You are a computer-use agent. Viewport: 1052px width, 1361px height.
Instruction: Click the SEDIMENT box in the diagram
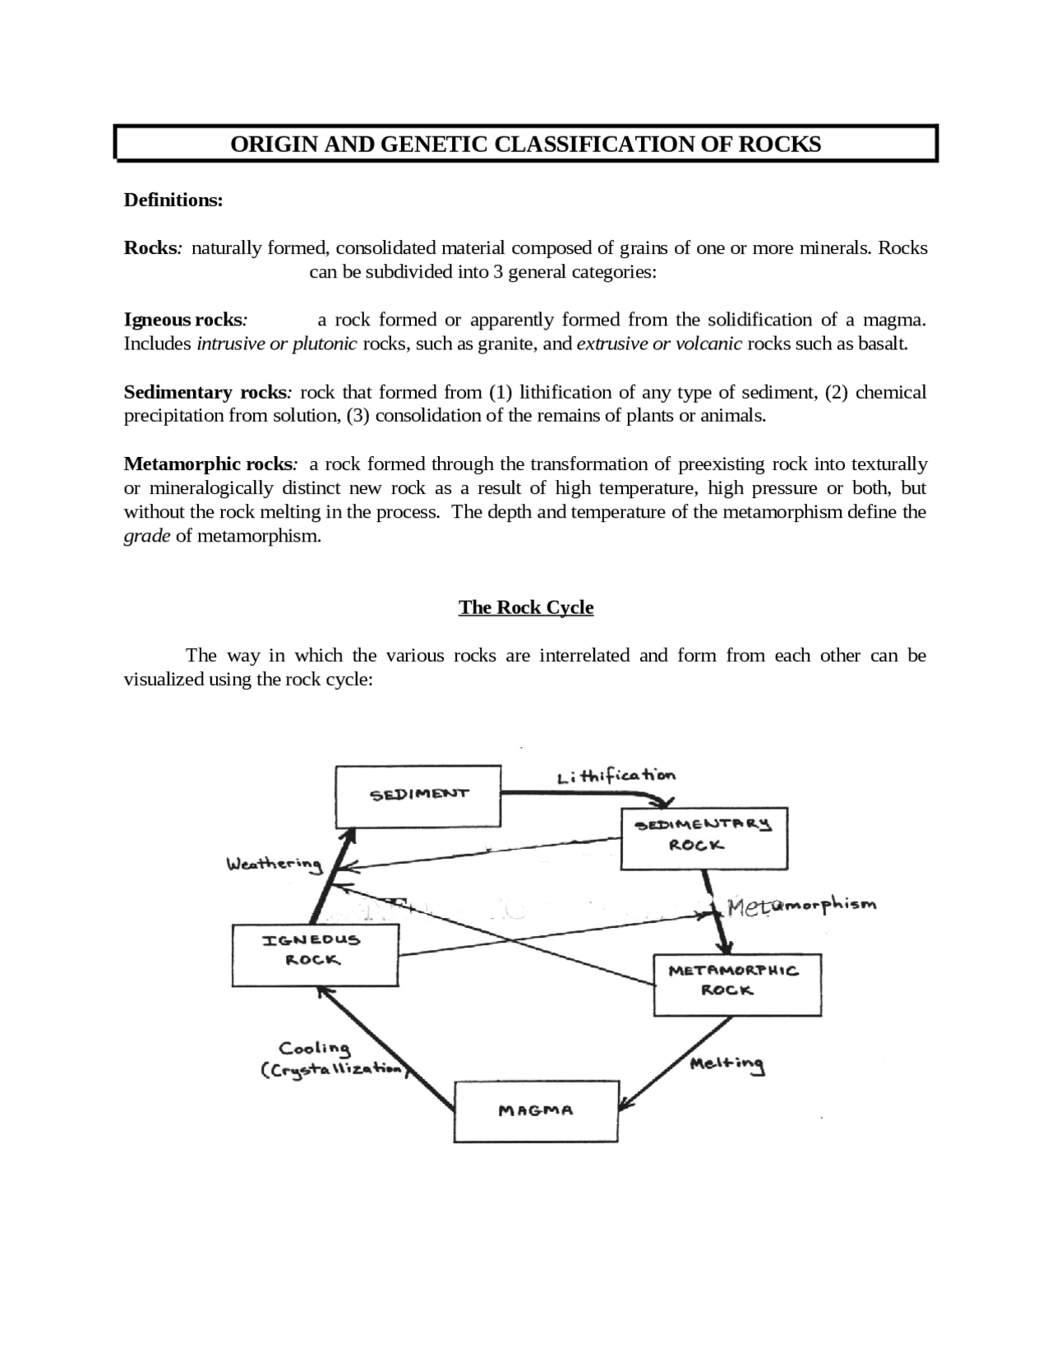418,796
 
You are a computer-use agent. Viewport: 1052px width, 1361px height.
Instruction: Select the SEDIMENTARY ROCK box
704,837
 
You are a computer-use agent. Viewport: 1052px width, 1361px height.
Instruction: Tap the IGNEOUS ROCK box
316,954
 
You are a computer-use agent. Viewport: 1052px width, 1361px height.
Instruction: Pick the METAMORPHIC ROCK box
737,985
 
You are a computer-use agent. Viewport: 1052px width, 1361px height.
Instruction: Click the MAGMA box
536,1111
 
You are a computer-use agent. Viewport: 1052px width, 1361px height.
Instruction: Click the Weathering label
275,865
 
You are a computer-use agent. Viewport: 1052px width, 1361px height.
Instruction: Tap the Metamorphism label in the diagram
802,906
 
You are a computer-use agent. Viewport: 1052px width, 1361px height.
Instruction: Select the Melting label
727,1063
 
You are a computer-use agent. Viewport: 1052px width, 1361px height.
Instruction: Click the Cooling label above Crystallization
315,1049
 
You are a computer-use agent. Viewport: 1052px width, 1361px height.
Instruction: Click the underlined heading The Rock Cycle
526,607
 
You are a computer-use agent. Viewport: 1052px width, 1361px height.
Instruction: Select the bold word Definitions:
173,201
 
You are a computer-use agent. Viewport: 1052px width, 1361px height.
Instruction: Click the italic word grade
147,537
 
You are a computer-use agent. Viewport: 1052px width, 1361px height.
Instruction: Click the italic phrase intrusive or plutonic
277,344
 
